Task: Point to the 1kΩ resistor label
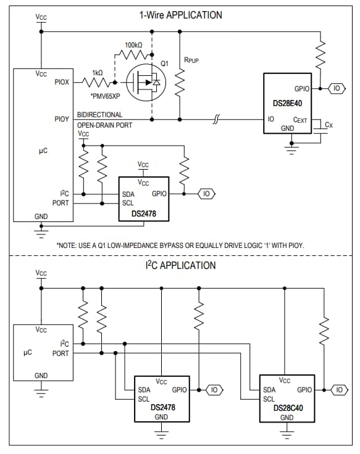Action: pyautogui.click(x=98, y=72)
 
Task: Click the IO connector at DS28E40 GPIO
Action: pyautogui.click(x=336, y=89)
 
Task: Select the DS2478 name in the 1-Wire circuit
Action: pyautogui.click(x=144, y=213)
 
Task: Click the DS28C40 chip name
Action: pyautogui.click(x=287, y=408)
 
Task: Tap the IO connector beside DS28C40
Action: pyautogui.click(x=340, y=390)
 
